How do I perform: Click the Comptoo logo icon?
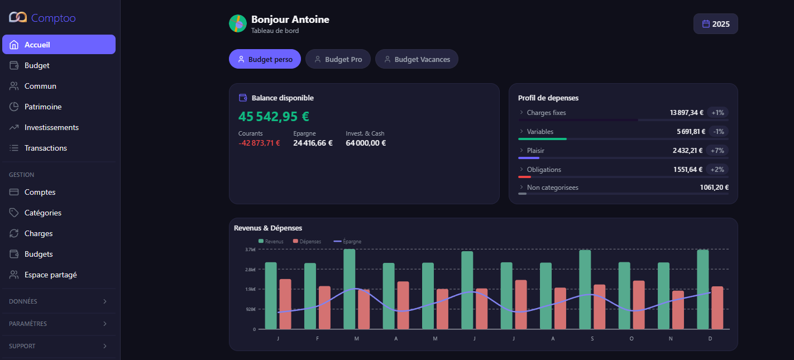point(18,18)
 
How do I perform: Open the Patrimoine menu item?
point(43,107)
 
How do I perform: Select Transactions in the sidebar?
point(45,148)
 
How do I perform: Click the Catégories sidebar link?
point(42,213)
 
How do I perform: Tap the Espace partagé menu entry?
point(50,275)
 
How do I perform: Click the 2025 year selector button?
point(715,24)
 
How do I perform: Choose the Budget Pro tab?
point(338,59)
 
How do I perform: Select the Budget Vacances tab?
point(417,59)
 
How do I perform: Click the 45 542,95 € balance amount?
point(274,117)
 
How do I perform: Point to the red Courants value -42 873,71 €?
point(259,143)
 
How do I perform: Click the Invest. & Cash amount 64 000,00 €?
point(366,143)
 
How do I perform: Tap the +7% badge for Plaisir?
point(718,150)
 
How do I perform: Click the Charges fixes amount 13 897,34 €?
point(686,113)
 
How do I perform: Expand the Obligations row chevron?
point(521,169)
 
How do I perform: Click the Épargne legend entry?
point(347,242)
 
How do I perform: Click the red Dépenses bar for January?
point(285,304)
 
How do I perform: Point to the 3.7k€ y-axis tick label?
point(250,249)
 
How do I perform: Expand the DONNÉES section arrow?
point(105,301)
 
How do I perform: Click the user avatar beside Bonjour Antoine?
point(238,23)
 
